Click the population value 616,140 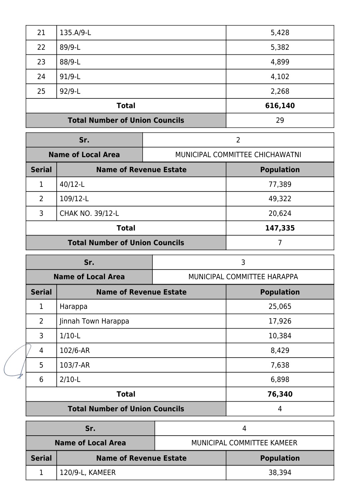pos(280,106)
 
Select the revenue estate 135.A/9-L pos(75,33)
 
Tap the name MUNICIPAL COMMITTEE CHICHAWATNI pos(238,155)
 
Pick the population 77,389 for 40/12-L pos(280,184)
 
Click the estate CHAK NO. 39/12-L pos(89,213)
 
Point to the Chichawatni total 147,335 pos(280,228)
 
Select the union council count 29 pos(280,120)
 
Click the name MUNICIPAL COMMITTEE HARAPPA pos(243,277)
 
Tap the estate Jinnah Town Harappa pos(94,321)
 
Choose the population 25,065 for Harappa pos(280,307)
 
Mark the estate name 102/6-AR pos(75,351)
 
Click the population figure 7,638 pos(280,365)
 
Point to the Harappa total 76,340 pos(280,394)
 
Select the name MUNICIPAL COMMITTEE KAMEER pos(244,443)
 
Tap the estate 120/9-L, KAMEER pos(88,473)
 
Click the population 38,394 pos(280,473)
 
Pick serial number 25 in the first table pos(41,91)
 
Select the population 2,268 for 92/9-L pos(280,91)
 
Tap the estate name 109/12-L pos(74,199)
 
